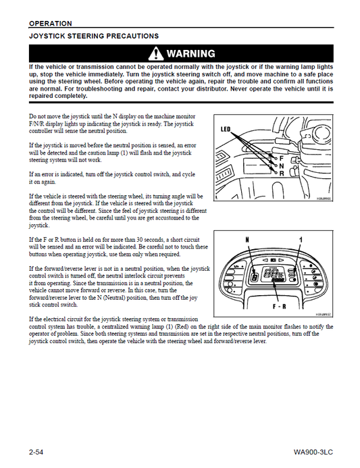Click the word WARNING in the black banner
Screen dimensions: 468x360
pyautogui.click(x=190, y=53)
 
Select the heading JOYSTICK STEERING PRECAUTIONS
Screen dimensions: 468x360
pyautogui.click(x=94, y=35)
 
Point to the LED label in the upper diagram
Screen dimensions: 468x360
pyautogui.click(x=227, y=128)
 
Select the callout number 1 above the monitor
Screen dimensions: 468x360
pyautogui.click(x=299, y=239)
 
